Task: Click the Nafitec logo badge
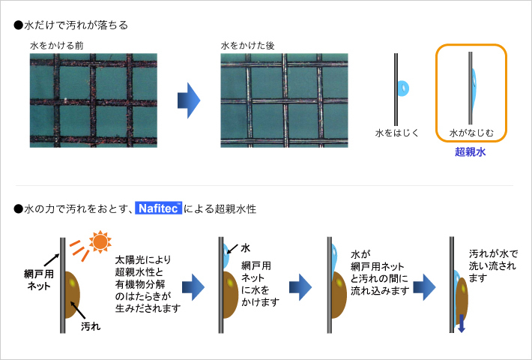[158, 208]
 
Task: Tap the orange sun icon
[100, 241]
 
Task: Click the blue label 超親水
[471, 151]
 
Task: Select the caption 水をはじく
[397, 133]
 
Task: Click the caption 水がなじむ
[471, 133]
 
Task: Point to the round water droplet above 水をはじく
[403, 88]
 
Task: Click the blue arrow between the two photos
[189, 100]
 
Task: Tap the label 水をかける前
[57, 46]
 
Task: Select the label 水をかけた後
[248, 46]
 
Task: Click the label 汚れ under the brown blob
[91, 326]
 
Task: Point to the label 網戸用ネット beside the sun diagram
[39, 280]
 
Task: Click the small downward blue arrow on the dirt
[461, 323]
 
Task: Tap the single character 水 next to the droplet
[245, 248]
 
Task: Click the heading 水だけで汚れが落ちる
[71, 25]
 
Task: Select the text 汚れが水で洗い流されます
[493, 266]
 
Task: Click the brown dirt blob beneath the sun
[72, 295]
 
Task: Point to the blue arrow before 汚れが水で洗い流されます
[424, 287]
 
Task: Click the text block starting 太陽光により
[148, 284]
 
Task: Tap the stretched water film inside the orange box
[474, 86]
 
